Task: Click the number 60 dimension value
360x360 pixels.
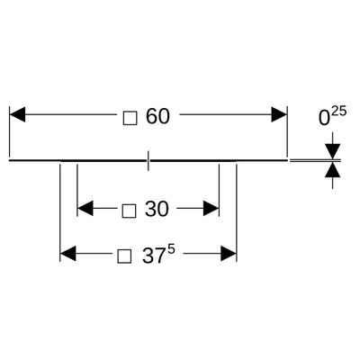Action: pyautogui.click(x=157, y=116)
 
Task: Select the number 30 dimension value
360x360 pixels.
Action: pyautogui.click(x=157, y=209)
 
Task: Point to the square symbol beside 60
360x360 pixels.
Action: pyautogui.click(x=130, y=118)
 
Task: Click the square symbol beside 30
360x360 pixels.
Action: pyautogui.click(x=130, y=211)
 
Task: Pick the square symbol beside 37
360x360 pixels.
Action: pyautogui.click(x=124, y=256)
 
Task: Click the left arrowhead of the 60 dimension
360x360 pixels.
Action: pyautogui.click(x=17, y=114)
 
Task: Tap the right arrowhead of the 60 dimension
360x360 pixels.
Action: pyautogui.click(x=279, y=114)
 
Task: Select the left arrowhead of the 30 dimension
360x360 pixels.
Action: pyautogui.click(x=85, y=208)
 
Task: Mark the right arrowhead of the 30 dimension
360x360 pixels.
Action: pyautogui.click(x=211, y=208)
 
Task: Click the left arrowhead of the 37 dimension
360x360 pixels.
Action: pyautogui.click(x=68, y=254)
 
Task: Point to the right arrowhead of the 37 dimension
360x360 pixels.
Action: pyautogui.click(x=229, y=254)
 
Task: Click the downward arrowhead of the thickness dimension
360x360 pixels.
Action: pyautogui.click(x=332, y=151)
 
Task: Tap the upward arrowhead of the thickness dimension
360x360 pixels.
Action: pyautogui.click(x=332, y=169)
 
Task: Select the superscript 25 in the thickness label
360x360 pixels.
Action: pyautogui.click(x=339, y=112)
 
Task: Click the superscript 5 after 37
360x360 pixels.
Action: pyautogui.click(x=171, y=250)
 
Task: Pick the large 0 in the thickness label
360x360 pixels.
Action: pyautogui.click(x=324, y=119)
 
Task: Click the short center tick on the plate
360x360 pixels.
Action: pyautogui.click(x=148, y=160)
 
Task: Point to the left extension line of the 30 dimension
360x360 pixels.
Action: pyautogui.click(x=77, y=190)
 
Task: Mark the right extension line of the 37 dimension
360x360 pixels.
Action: pyautogui.click(x=237, y=212)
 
